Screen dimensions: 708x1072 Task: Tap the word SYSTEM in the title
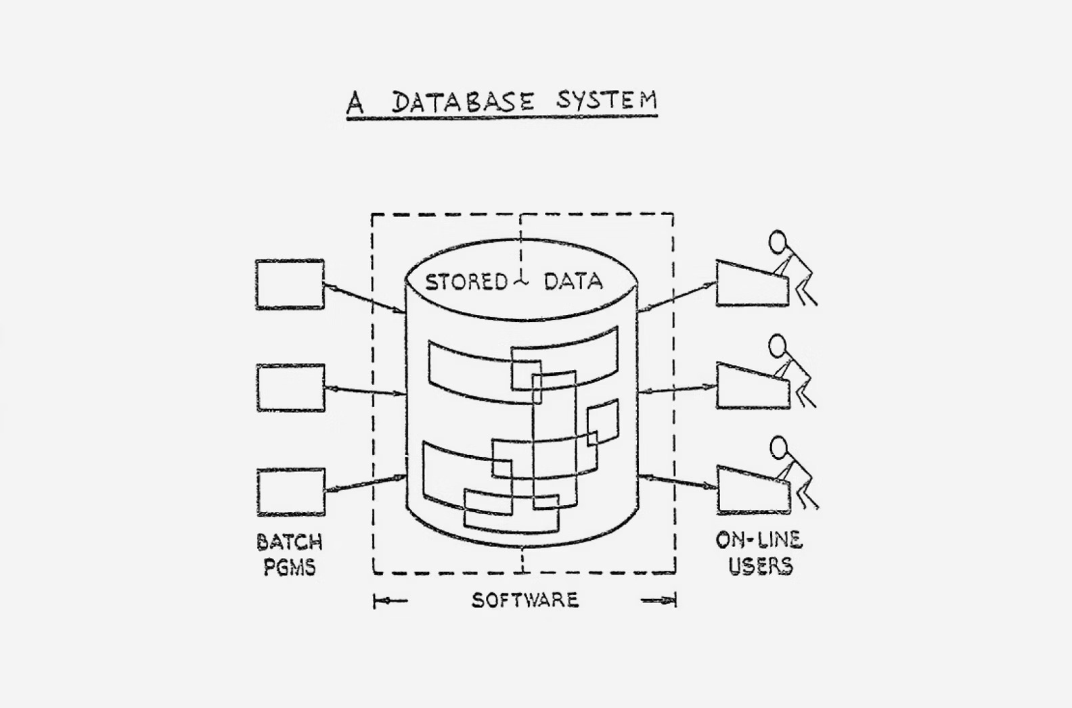pos(606,101)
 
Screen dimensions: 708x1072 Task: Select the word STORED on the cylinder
pos(466,281)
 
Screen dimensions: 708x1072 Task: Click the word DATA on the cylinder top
pos(573,281)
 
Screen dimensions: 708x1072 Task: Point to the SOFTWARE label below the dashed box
pos(525,600)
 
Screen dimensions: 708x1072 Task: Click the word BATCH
pos(290,542)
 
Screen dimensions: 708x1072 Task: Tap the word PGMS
pos(290,567)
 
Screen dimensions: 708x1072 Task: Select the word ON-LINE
pos(759,540)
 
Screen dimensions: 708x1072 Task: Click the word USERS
pos(760,565)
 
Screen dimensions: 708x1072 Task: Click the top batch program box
pos(290,285)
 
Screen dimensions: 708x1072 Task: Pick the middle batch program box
pos(290,388)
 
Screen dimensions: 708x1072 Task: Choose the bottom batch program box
pos(291,492)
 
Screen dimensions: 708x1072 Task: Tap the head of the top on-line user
pos(778,241)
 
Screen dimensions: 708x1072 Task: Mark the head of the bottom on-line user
pos(780,447)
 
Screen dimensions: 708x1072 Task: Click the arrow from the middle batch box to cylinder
pos(365,391)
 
